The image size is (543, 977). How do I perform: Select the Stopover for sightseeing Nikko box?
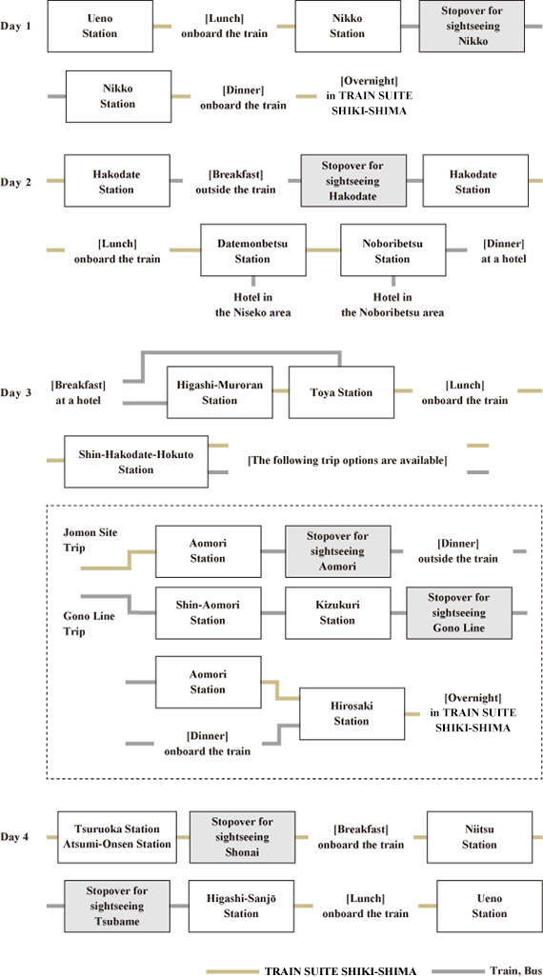pos(472,26)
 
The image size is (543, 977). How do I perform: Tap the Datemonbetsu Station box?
pos(253,249)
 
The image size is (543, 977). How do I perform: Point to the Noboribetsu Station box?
pos(392,249)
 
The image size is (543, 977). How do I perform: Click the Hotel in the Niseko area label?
pos(253,306)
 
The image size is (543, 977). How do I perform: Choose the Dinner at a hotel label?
pos(504,249)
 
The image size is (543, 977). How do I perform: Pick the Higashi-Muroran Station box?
pos(219,392)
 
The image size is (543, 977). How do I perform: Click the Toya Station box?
pos(341,392)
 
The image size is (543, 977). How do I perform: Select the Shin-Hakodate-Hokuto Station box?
pos(136,462)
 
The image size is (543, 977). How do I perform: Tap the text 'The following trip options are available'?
pos(348,461)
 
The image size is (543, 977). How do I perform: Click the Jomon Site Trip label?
pos(90,540)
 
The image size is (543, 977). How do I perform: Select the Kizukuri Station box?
pos(339,612)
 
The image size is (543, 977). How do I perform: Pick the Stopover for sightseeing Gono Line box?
pos(459,612)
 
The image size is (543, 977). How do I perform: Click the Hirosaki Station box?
pos(352,713)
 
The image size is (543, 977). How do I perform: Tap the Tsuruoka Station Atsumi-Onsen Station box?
pos(117,837)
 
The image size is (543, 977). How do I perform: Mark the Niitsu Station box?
pos(480,837)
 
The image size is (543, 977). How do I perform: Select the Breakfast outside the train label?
pos(236,181)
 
